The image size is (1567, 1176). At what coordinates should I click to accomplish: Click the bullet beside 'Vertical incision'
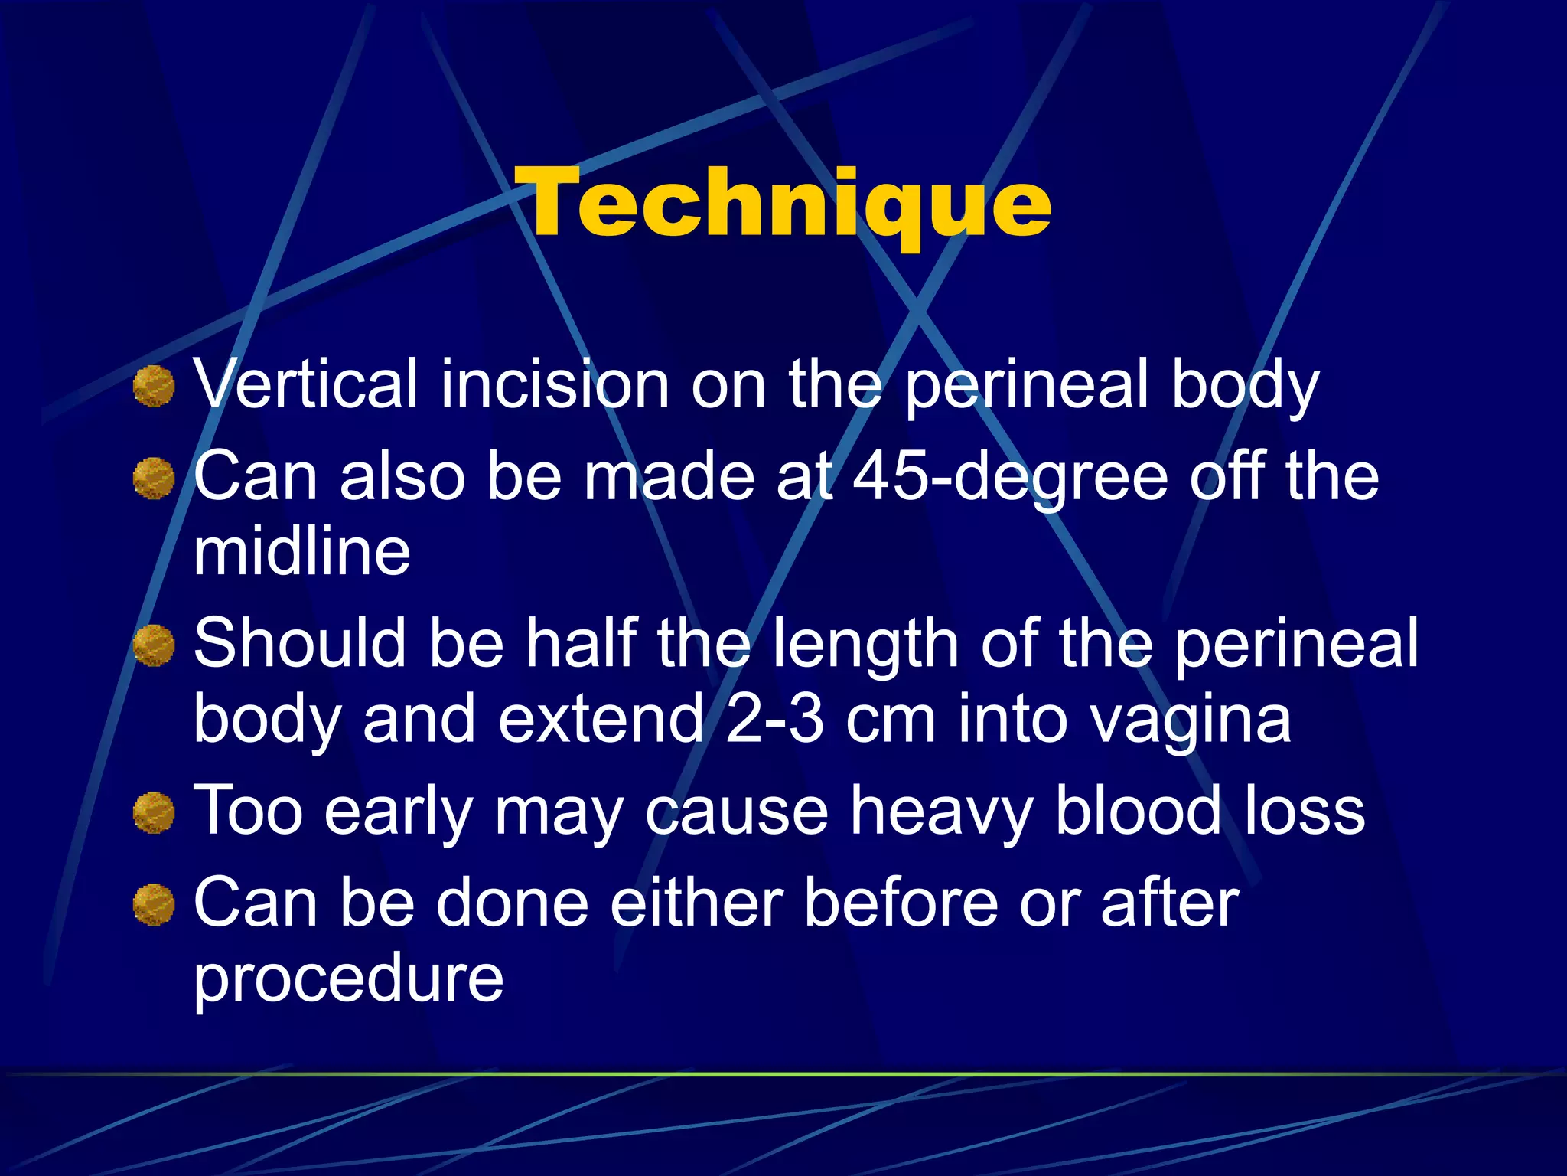tap(154, 386)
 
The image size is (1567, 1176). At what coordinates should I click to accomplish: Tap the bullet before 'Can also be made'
tap(154, 479)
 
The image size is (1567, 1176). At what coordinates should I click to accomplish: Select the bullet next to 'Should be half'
tap(154, 645)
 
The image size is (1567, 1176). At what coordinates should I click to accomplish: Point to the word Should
tap(300, 644)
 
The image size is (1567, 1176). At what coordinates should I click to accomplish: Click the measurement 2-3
tap(774, 720)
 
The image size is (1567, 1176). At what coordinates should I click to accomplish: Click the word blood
tap(1138, 810)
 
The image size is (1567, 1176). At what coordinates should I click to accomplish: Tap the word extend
tap(601, 720)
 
